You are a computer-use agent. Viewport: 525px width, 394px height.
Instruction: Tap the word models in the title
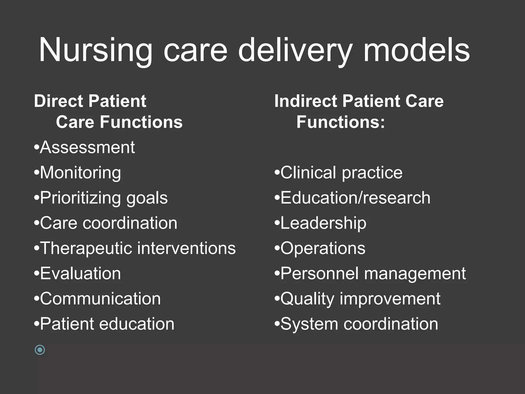tap(417, 50)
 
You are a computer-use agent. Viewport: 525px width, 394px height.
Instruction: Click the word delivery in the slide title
tap(295, 50)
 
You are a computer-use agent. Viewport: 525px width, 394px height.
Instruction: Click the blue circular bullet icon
tap(40, 350)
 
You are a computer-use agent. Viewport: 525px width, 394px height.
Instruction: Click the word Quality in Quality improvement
tap(308, 299)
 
